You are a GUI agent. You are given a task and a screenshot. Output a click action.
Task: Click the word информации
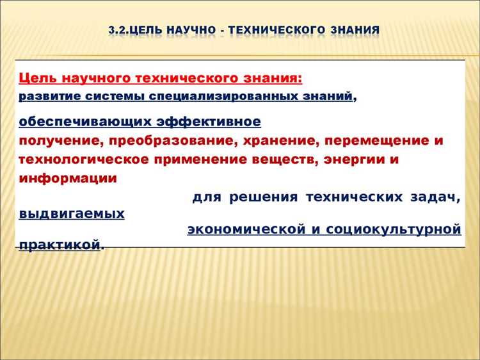pyautogui.click(x=68, y=178)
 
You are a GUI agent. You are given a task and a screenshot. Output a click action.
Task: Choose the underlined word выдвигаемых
pyautogui.click(x=72, y=214)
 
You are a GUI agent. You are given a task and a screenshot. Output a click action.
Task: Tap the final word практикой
pyautogui.click(x=60, y=245)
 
